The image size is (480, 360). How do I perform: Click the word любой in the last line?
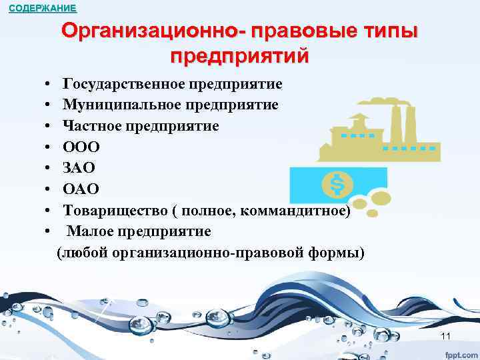(83, 253)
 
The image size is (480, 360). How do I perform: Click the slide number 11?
(446, 335)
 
